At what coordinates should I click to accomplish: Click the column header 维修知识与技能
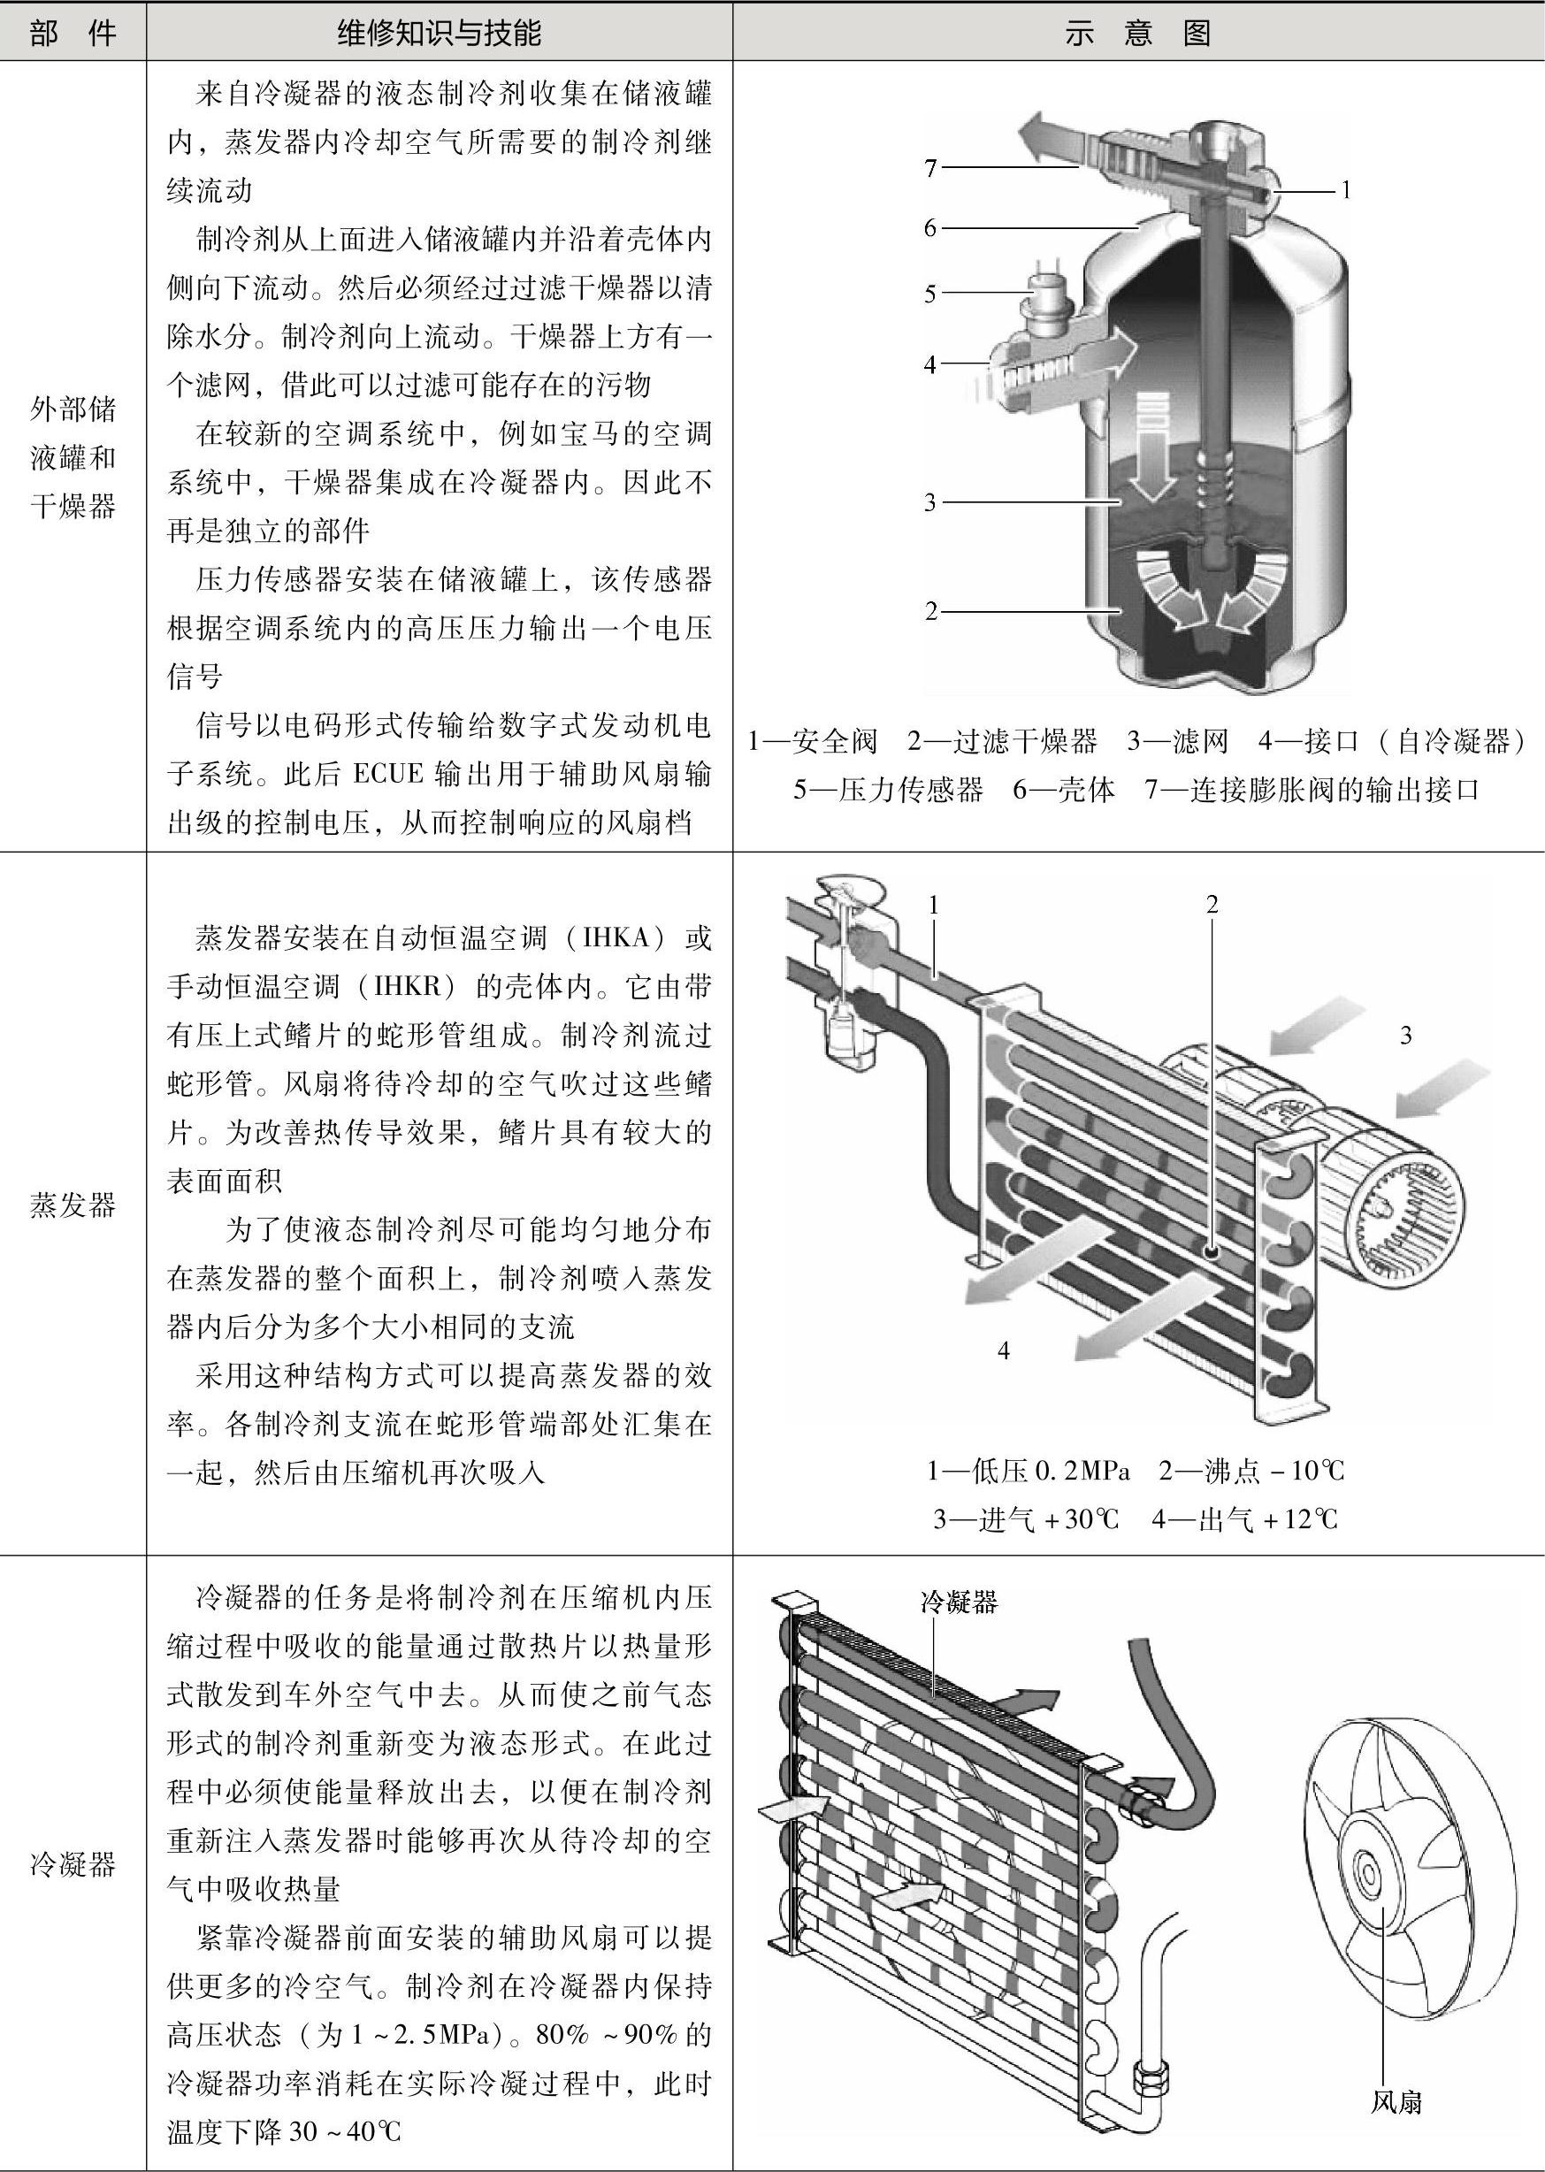coord(440,34)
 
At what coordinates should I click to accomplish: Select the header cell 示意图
coord(1137,34)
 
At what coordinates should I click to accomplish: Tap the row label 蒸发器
coord(73,1205)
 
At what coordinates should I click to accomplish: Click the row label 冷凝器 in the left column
coord(73,1863)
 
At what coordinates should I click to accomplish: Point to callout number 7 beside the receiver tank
coord(930,168)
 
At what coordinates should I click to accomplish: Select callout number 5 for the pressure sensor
coord(930,294)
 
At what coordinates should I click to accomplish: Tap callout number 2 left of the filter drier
coord(930,611)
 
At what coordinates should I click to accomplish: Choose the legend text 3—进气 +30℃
coord(1026,1518)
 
